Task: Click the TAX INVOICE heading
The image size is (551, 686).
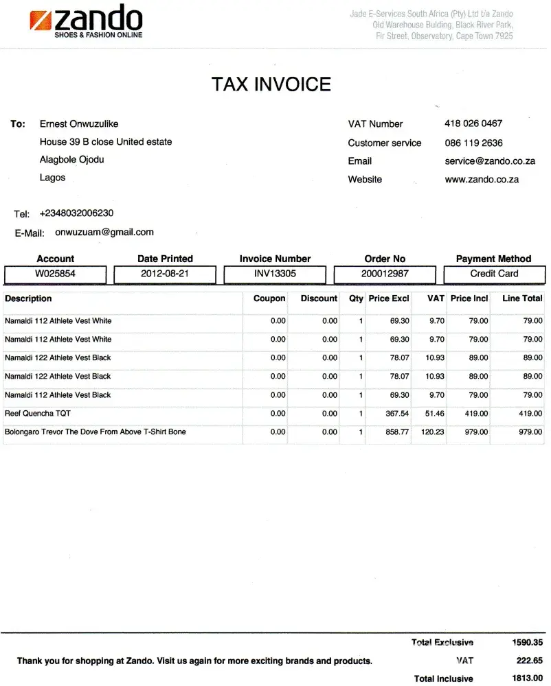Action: tap(271, 84)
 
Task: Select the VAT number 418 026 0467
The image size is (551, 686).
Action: tap(473, 123)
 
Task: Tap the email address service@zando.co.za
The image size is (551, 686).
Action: tap(489, 161)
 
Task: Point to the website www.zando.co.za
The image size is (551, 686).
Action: tap(482, 180)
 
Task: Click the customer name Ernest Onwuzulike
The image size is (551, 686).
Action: tap(79, 124)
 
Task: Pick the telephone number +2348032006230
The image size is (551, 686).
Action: tap(76, 213)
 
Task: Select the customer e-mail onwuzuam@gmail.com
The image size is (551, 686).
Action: tap(104, 233)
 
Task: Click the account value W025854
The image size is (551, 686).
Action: tap(55, 274)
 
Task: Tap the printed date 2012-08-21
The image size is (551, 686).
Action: tap(165, 274)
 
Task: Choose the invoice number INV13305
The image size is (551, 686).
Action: tap(275, 274)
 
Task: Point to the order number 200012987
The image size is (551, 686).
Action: tap(385, 274)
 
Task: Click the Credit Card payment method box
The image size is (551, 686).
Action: tap(494, 274)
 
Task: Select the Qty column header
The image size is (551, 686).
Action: tap(356, 299)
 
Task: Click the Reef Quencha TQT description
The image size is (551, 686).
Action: tap(38, 414)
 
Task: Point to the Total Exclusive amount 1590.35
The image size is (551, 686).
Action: tap(527, 643)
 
